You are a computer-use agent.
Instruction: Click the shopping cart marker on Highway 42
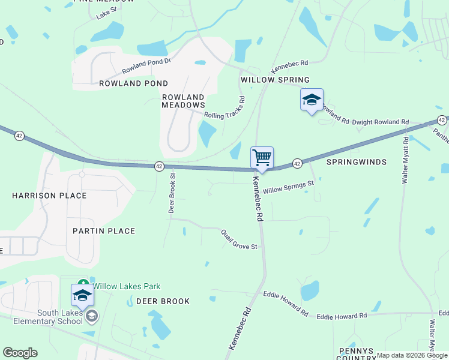click(x=262, y=158)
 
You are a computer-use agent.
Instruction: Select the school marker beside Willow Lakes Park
click(x=82, y=295)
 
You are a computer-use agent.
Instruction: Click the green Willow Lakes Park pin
click(x=83, y=284)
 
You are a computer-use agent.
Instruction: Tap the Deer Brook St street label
click(x=172, y=193)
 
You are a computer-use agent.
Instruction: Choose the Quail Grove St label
click(x=238, y=239)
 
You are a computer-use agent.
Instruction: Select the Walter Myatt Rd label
click(x=406, y=158)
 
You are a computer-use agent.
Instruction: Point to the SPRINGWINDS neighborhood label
click(x=356, y=162)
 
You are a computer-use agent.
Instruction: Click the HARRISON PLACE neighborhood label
click(x=49, y=196)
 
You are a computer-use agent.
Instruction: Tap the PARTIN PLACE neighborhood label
click(x=103, y=231)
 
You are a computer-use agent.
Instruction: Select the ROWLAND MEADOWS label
click(x=183, y=100)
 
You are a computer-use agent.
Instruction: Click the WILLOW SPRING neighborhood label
click(x=275, y=80)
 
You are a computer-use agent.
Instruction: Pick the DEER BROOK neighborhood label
click(x=163, y=301)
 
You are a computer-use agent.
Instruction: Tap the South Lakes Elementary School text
click(x=60, y=316)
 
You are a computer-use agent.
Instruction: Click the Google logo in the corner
click(x=20, y=353)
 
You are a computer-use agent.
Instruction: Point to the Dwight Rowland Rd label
click(x=380, y=122)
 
